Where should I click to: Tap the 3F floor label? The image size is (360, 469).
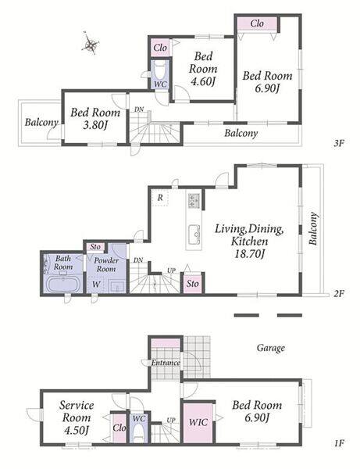click(x=339, y=143)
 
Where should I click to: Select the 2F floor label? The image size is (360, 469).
click(x=339, y=293)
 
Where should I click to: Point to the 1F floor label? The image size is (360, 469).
click(x=340, y=443)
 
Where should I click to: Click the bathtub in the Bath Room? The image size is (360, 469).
click(x=63, y=284)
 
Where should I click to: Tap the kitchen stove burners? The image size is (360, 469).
click(x=194, y=200)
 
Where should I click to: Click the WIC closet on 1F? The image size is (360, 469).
click(x=198, y=422)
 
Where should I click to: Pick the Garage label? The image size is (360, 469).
click(x=271, y=348)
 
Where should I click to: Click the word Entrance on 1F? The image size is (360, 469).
click(x=166, y=363)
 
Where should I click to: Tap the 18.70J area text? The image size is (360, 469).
click(x=249, y=254)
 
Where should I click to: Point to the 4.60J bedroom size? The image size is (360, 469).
click(x=203, y=81)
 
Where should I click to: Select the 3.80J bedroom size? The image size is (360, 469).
click(x=94, y=125)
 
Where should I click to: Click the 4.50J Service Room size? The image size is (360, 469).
click(x=77, y=430)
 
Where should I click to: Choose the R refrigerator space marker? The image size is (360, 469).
click(x=160, y=198)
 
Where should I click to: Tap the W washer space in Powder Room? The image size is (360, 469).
click(x=96, y=285)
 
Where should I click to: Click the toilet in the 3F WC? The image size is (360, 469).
click(x=160, y=71)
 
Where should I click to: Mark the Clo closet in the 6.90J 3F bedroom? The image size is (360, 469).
click(x=257, y=23)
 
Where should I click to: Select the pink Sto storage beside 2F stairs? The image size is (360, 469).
click(x=193, y=284)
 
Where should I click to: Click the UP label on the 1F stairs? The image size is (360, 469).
click(x=171, y=421)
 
